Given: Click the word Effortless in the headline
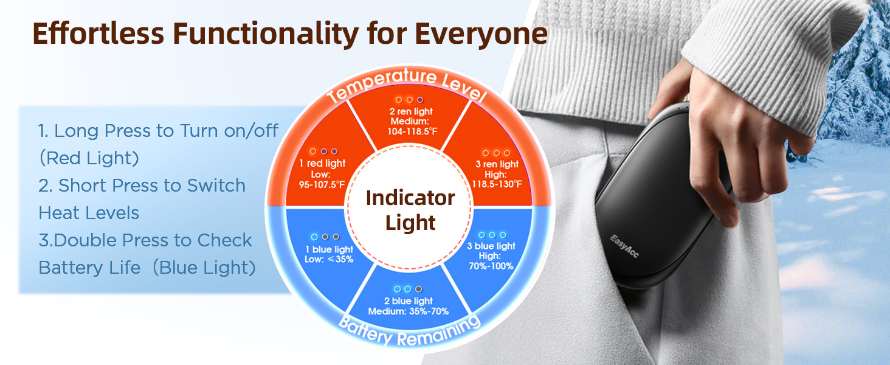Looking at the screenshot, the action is (98, 33).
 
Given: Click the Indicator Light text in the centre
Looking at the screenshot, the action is (410, 210).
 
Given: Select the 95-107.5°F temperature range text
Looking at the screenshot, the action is (322, 184).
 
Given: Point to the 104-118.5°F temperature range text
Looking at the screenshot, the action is (412, 131).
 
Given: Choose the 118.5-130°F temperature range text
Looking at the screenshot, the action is (497, 184).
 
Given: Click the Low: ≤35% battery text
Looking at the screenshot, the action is (329, 259).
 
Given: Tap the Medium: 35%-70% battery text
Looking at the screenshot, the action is (409, 311).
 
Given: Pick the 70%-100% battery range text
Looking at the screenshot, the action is (491, 266).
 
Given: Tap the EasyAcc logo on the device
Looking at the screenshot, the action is (624, 246).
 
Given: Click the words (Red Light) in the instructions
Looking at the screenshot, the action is (89, 158).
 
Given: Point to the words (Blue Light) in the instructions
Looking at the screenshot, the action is (204, 268).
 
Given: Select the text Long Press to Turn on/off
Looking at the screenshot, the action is (166, 131).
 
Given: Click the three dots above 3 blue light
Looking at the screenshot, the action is (492, 235).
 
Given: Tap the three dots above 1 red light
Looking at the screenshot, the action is (324, 151).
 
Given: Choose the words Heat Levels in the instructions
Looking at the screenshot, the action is (89, 213).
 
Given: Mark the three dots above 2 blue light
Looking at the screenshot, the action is (408, 289).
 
